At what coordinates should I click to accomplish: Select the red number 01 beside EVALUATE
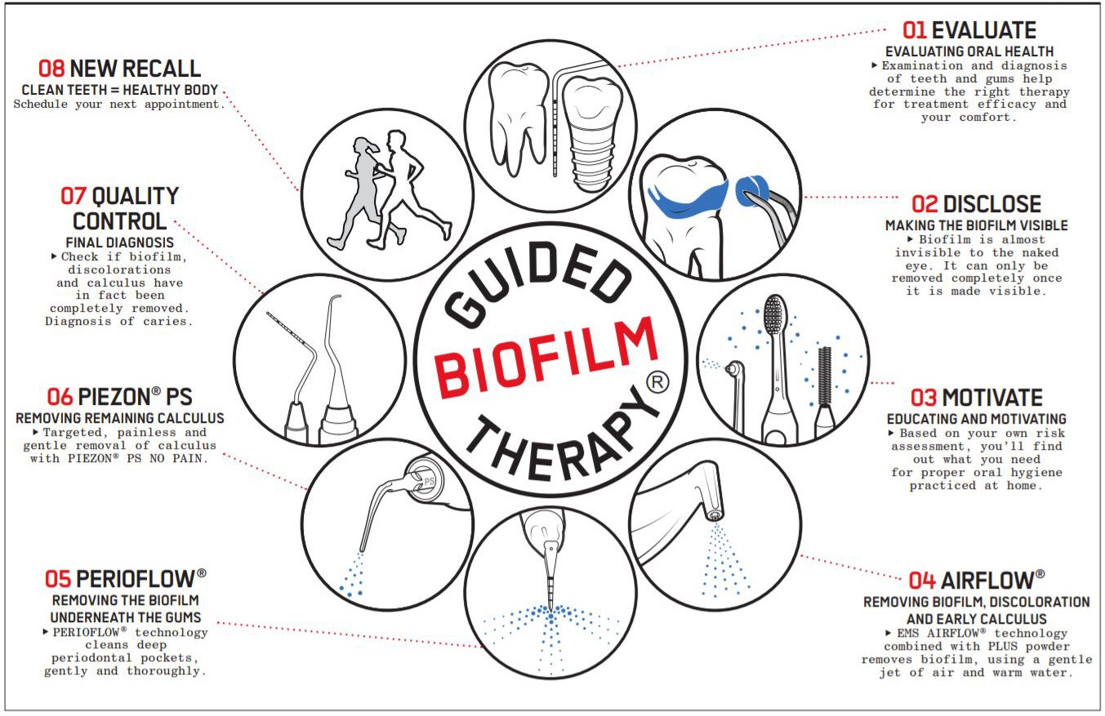tap(914, 30)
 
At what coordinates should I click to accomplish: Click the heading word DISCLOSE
tap(991, 204)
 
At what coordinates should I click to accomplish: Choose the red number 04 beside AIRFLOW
tap(921, 580)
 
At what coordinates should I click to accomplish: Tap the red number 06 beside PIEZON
tap(60, 398)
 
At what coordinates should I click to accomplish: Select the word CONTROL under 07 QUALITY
tap(119, 220)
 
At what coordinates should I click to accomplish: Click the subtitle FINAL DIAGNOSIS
tap(119, 242)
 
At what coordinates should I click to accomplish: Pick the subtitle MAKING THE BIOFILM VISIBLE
tap(976, 225)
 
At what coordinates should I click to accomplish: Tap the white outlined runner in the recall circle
tap(405, 188)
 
